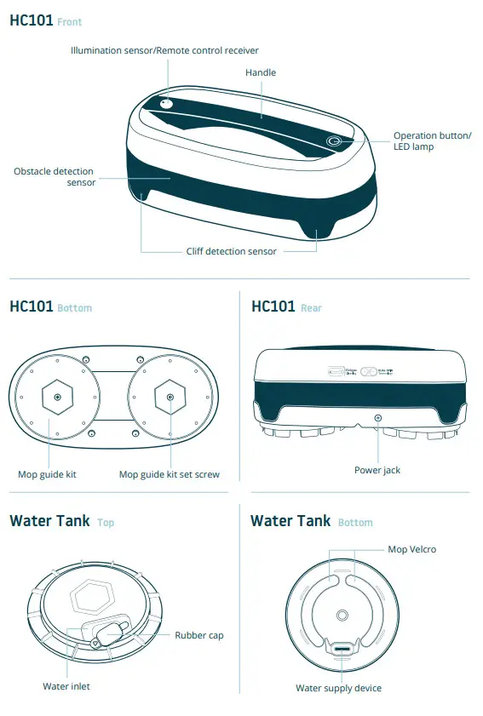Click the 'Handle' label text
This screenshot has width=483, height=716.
coord(261,73)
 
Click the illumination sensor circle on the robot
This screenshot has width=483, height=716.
coord(167,104)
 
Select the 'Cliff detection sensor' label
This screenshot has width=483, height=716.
coord(231,251)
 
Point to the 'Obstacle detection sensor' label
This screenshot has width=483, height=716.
coord(54,177)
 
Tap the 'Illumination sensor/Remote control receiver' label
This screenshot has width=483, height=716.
coord(164,51)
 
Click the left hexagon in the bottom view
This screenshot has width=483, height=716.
coord(57,398)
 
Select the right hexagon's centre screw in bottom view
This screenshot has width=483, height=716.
coord(170,398)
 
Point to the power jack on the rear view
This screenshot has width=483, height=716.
coord(378,420)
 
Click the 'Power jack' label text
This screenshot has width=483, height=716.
coord(377,470)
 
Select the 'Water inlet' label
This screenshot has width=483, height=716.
coord(66,686)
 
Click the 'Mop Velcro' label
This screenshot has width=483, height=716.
coord(411,549)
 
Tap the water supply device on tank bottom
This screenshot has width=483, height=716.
coord(342,650)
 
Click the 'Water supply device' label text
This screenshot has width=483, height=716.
coord(338,688)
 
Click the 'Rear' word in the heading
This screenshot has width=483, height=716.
coord(311,308)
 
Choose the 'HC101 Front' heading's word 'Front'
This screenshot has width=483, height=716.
coord(70,21)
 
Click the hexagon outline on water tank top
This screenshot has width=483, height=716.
coord(94,599)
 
